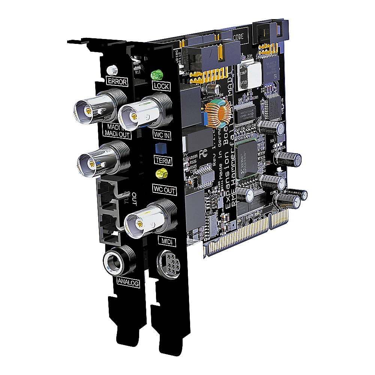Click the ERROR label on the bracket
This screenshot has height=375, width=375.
pyautogui.click(x=117, y=81)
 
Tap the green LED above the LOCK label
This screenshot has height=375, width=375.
pyautogui.click(x=155, y=75)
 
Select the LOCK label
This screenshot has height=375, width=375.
pyautogui.click(x=162, y=86)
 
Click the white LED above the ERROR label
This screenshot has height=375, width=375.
pyautogui.click(x=111, y=70)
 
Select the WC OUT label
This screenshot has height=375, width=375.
pyautogui.click(x=164, y=190)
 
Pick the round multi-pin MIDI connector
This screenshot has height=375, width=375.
pyautogui.click(x=166, y=260)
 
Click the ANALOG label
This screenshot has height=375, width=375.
pyautogui.click(x=127, y=282)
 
